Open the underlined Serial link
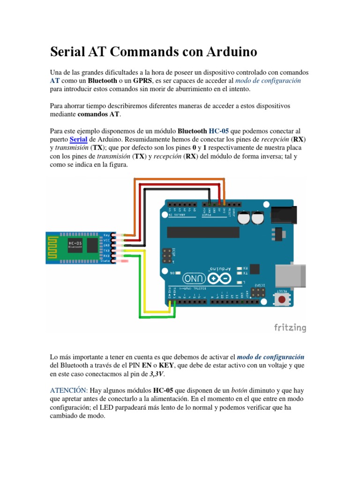[x=79, y=139]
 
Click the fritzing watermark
[x=290, y=328]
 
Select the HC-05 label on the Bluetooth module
[x=74, y=243]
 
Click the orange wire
[x=178, y=179]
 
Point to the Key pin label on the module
[x=106, y=235]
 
